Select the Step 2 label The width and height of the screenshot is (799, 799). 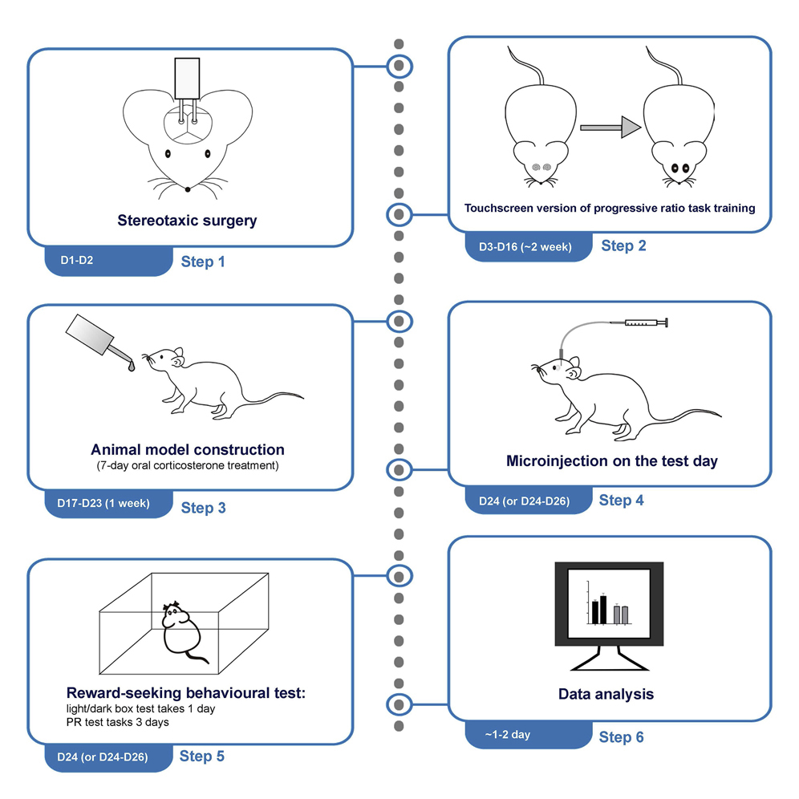tap(623, 245)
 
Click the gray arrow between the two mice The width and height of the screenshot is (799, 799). tap(610, 127)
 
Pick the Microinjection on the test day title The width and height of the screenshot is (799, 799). tap(611, 461)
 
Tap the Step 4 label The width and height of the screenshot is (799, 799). tap(621, 500)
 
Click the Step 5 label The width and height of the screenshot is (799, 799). tap(202, 756)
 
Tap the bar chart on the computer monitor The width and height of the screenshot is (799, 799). tap(610, 603)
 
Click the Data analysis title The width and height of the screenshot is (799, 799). tap(606, 694)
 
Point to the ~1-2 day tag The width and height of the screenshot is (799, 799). tap(508, 734)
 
